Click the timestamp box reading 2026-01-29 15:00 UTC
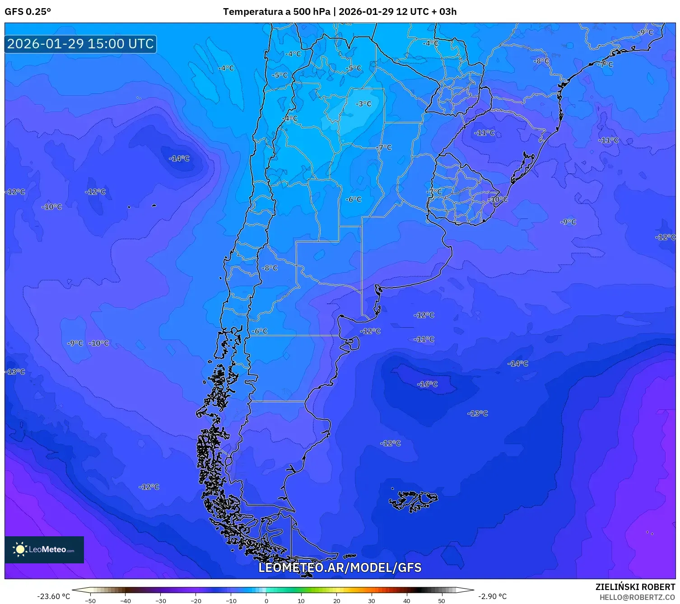pos(80,44)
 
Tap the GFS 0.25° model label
pos(28,12)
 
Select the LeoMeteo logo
pos(44,549)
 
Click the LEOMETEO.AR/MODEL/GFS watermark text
pos(340,567)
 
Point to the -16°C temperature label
pos(427,384)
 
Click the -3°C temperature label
pos(363,104)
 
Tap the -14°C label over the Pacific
pos(179,158)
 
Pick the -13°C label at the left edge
pos(15,372)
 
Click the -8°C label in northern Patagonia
pos(270,268)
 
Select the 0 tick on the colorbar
pos(266,600)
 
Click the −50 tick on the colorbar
pos(90,600)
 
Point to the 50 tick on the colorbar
pos(441,600)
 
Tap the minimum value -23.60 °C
pos(53,596)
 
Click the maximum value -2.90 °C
pos(492,596)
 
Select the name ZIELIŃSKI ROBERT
pos(635,587)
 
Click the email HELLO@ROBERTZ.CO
pos(637,597)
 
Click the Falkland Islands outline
pos(413,500)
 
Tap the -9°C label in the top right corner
pos(645,32)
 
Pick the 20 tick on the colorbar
pos(336,600)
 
